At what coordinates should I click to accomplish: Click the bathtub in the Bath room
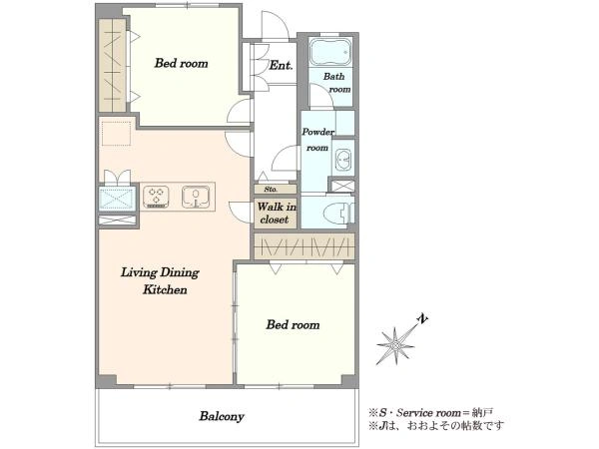coord(330,52)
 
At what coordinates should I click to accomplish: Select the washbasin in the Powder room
coord(343,158)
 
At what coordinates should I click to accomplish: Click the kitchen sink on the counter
coord(196,197)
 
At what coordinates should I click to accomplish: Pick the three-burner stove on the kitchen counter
coord(156,197)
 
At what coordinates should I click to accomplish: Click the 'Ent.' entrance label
coord(281,65)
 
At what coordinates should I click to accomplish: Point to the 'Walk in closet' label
coord(276,214)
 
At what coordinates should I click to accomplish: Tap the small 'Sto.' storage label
coord(271,190)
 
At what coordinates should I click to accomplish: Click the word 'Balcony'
coord(222,416)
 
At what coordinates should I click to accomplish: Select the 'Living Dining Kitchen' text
coord(160,280)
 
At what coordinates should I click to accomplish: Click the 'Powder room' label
coord(317,140)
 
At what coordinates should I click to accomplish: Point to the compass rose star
coord(395,345)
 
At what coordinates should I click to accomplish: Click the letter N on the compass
coord(422,318)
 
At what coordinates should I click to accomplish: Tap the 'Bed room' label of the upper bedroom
coord(181,63)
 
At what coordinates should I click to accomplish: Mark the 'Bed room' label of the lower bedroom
coord(293,325)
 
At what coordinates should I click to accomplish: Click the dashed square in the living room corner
coord(116,134)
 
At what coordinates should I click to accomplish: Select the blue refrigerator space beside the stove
coord(117,199)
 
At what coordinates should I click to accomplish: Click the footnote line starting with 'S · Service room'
coord(430,413)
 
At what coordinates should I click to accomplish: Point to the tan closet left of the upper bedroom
coord(112,65)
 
